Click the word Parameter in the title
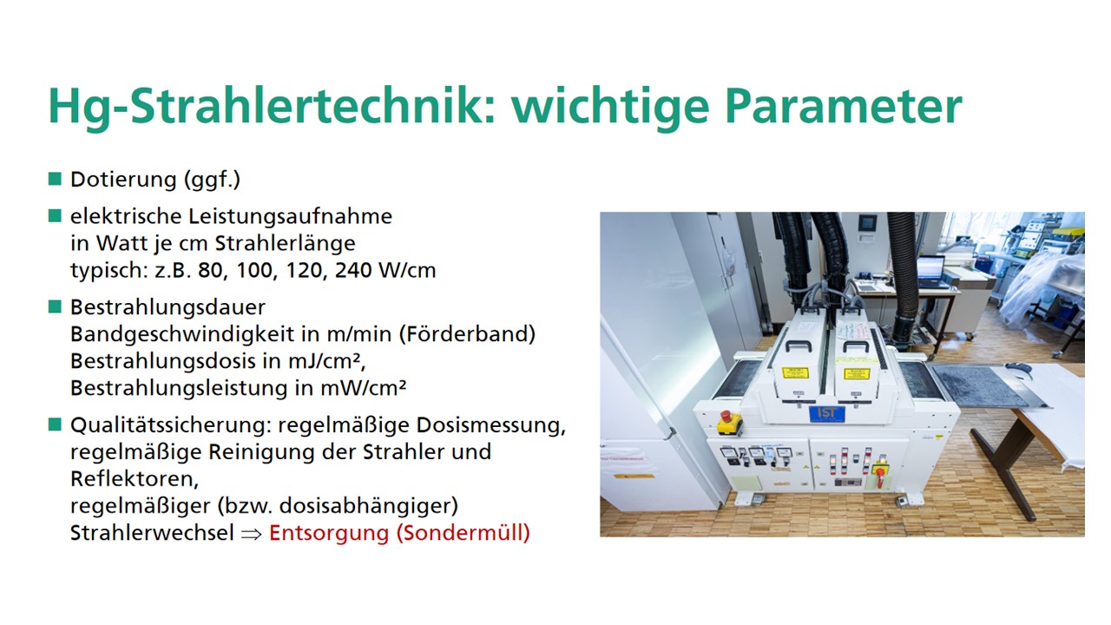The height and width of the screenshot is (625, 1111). tap(843, 106)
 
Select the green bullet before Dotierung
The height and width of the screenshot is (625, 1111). tap(55, 179)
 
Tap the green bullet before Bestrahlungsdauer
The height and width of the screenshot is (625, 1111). tap(55, 306)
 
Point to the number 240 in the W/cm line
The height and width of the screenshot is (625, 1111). tap(353, 270)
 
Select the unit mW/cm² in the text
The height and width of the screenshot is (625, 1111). tap(363, 388)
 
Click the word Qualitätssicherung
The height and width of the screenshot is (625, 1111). tap(170, 425)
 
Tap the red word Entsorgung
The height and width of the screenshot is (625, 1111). tap(329, 533)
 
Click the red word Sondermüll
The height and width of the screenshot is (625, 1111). tap(463, 533)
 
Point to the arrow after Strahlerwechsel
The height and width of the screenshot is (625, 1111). tap(251, 534)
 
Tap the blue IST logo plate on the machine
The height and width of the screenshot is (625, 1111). tap(827, 414)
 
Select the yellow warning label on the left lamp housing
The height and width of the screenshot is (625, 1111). tap(796, 372)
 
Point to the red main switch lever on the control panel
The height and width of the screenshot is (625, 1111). tap(880, 474)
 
